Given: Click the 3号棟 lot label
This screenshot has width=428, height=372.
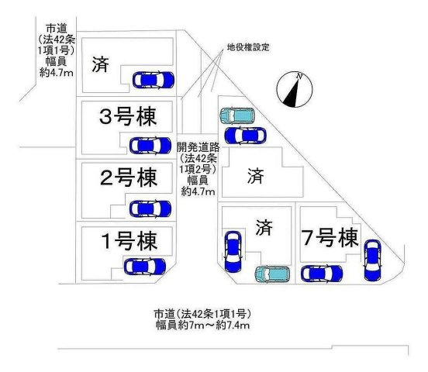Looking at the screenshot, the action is [128, 117].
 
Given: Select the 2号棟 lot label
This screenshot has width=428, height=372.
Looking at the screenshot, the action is [129, 178].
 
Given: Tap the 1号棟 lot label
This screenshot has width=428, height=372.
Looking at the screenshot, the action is [129, 241].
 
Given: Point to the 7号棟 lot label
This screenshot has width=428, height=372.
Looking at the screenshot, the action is [330, 237].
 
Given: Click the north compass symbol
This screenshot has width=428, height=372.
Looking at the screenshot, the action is [295, 89].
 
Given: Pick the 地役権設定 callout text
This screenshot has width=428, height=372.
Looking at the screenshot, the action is [248, 47].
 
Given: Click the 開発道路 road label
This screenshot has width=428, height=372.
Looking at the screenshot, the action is [198, 147].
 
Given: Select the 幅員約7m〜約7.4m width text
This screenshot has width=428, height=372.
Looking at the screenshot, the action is [203, 325].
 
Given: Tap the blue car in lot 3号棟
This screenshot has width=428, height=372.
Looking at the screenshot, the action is [150, 146].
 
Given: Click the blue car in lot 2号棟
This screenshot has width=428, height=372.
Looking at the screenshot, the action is [150, 208].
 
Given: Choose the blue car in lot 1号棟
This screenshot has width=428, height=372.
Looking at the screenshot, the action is [145, 267].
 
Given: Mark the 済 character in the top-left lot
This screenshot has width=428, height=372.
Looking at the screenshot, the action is [101, 64].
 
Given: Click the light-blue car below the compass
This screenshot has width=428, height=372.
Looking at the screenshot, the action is [237, 115].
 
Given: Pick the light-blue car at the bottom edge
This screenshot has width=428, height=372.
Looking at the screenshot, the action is [272, 274].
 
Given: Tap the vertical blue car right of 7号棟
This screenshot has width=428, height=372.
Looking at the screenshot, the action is [373, 260].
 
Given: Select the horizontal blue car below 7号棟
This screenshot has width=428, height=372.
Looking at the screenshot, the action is [322, 274].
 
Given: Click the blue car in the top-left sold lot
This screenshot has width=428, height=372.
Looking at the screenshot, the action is [154, 80].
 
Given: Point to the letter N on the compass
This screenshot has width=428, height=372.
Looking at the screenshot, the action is [299, 76].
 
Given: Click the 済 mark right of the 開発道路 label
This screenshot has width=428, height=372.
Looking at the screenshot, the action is [256, 176].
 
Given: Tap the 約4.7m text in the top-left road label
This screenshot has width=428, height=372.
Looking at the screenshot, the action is [57, 73].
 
